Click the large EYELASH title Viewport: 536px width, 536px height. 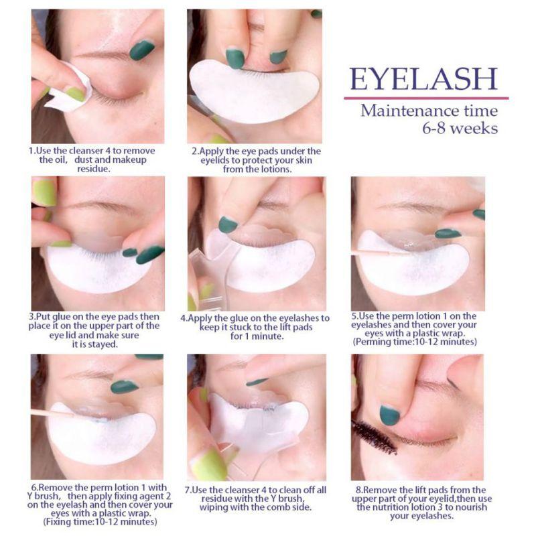tap(423, 79)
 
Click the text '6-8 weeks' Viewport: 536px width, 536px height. tap(460, 129)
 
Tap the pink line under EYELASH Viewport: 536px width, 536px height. tap(426, 98)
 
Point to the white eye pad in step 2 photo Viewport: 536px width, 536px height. tap(254, 90)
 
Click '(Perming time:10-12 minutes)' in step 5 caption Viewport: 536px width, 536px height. tap(415, 342)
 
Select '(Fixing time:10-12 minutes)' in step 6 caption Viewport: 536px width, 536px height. tap(100, 522)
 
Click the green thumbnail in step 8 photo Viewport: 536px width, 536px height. tap(390, 415)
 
